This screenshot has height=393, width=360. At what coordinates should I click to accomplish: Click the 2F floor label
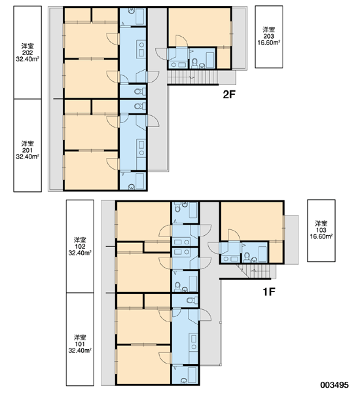229,94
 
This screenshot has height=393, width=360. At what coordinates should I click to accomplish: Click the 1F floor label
269,291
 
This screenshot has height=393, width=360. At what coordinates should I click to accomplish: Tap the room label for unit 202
27,52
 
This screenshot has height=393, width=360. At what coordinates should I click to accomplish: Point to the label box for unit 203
269,37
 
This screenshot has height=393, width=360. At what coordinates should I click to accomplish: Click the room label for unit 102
80,246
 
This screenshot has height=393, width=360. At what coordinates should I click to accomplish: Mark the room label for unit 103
321,231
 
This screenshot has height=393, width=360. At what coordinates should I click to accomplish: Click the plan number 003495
334,384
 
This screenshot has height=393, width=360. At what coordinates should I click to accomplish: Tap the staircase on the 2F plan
192,77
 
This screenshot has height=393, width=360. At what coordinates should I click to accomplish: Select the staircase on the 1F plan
255,271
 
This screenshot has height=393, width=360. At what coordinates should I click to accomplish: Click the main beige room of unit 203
200,27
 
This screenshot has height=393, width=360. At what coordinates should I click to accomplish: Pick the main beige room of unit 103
252,221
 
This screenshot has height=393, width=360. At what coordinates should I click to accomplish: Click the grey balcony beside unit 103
291,239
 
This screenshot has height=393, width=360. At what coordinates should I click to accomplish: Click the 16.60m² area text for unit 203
269,43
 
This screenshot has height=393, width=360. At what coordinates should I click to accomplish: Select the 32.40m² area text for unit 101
80,350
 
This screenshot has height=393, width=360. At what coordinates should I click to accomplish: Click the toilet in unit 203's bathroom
194,63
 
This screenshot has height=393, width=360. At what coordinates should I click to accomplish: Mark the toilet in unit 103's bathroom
247,257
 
